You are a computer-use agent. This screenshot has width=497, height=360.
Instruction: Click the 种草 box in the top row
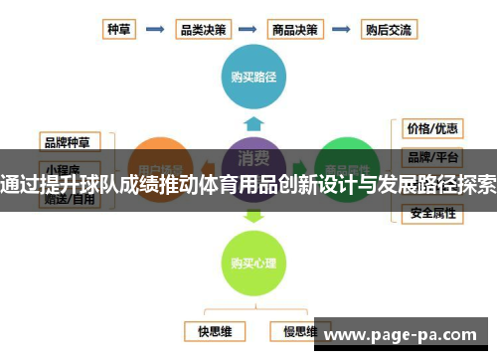tap(120, 29)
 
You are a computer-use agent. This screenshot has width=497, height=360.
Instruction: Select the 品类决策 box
tap(203, 29)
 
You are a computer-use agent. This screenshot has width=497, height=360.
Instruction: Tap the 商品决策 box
tap(296, 29)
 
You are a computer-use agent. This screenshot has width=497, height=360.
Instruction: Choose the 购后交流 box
tap(388, 29)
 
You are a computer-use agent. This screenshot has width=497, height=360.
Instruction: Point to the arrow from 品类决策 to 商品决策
tap(249, 30)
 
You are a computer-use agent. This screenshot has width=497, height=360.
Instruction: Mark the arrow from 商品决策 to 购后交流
tap(342, 30)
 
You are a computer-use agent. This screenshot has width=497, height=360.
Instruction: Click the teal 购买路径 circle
tap(254, 75)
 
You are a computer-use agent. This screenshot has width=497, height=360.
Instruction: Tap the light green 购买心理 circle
tap(253, 263)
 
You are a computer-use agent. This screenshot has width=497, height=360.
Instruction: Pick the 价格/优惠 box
tap(431, 129)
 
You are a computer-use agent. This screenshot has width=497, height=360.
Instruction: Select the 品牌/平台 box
tap(431, 156)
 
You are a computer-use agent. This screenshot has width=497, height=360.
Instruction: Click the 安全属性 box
tap(431, 213)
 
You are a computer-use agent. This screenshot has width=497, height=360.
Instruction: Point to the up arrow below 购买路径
tap(254, 122)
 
